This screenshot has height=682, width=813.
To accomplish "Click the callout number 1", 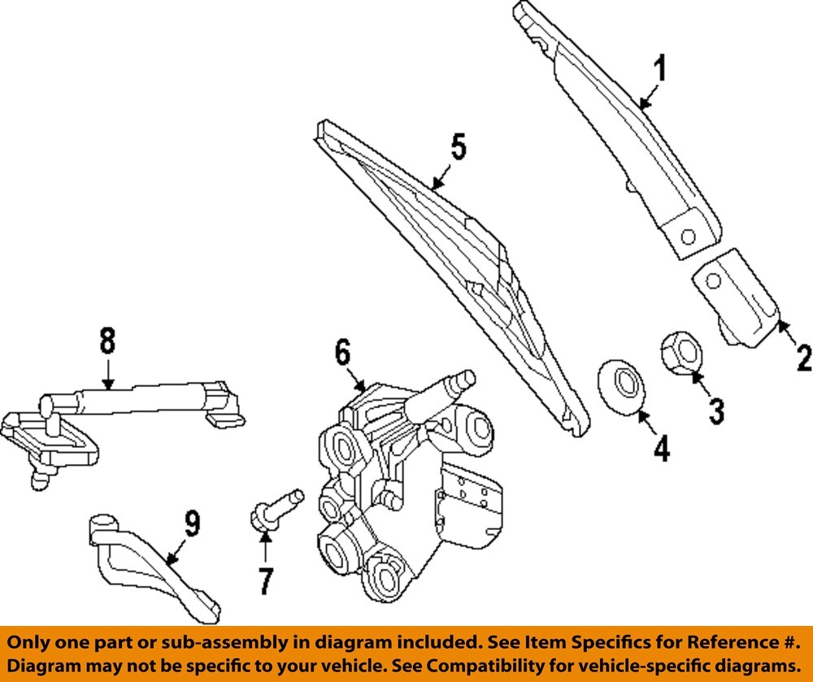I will click(x=660, y=70).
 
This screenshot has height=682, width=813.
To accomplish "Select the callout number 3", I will click(x=715, y=411).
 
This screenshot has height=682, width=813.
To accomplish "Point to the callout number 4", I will click(x=662, y=448).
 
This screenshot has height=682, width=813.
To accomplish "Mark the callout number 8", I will click(x=107, y=342).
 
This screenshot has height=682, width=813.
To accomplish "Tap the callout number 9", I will click(x=190, y=524).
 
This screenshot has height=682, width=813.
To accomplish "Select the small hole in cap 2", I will click(x=713, y=280).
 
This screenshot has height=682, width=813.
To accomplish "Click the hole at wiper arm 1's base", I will click(x=688, y=237).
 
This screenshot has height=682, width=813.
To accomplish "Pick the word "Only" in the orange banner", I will click(x=29, y=641).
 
